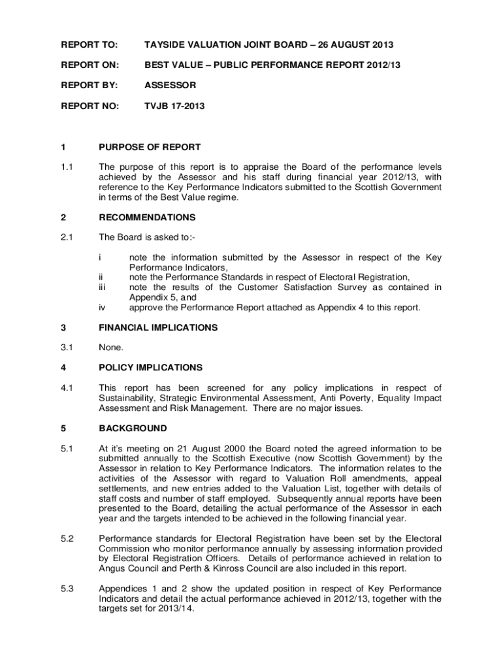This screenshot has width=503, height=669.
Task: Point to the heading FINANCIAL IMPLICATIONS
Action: point(157,327)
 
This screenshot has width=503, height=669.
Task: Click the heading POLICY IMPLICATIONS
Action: point(150,367)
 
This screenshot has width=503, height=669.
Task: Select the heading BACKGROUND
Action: point(133,428)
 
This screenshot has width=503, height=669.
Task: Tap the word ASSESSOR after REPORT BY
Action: point(170,85)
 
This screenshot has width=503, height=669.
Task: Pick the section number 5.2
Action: point(68,538)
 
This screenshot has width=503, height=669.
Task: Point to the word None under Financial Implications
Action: point(110,348)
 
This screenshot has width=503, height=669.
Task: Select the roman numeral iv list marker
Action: point(101,307)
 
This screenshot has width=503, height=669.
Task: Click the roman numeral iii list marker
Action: point(101,287)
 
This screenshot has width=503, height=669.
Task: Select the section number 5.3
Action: point(68,589)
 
